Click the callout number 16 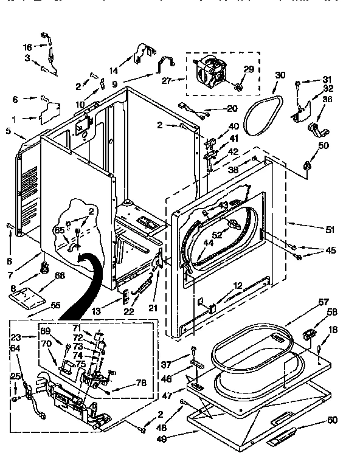(27, 47)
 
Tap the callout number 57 (324, 302)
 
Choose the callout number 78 (140, 383)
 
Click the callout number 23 (16, 337)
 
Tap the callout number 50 (324, 145)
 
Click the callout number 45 (330, 249)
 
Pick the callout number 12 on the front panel (238, 285)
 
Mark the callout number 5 (9, 130)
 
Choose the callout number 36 (328, 99)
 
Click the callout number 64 (16, 348)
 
